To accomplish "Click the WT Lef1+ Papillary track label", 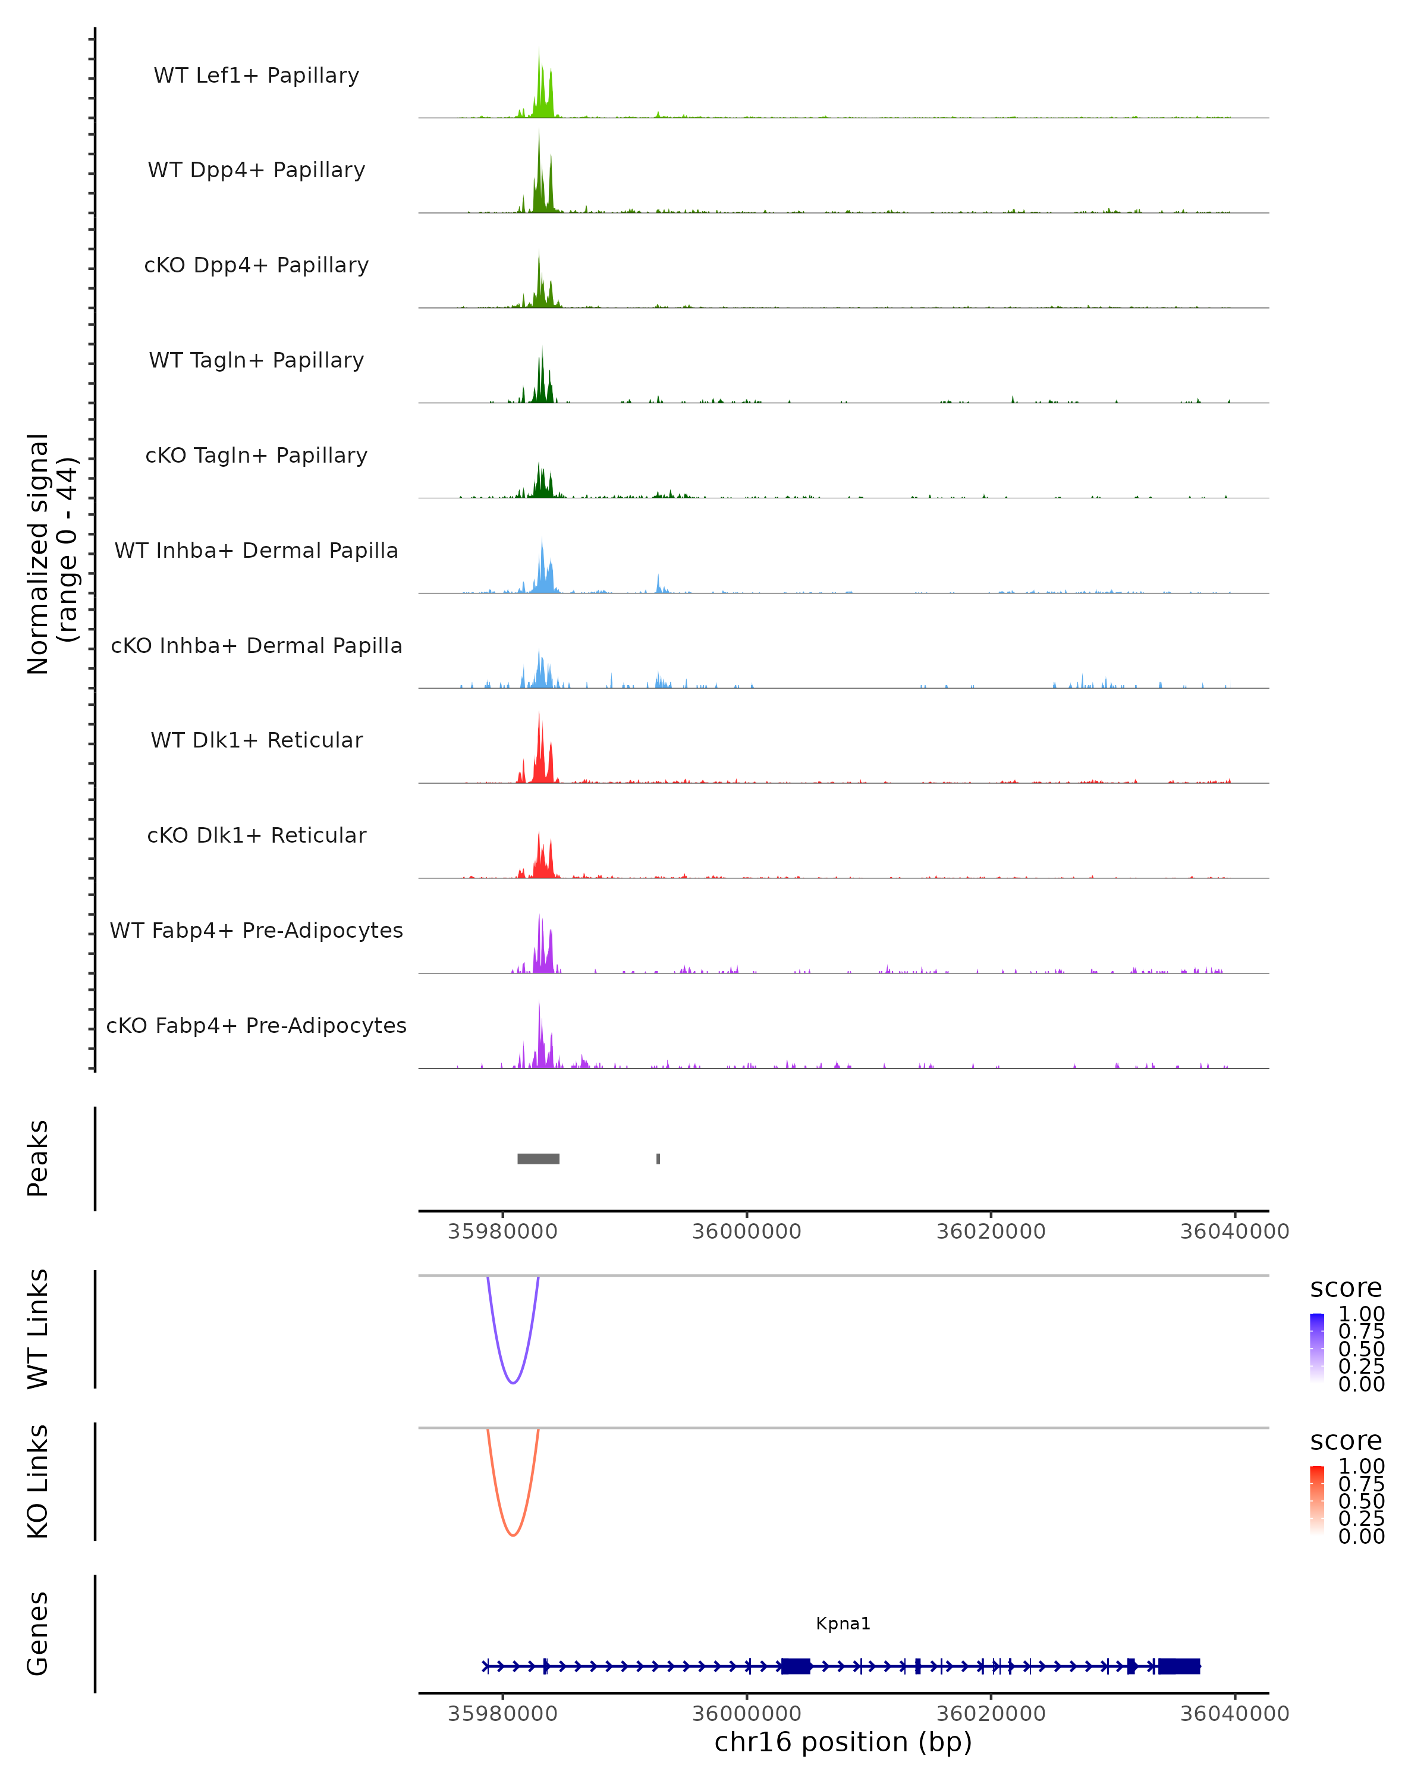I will click(x=256, y=76).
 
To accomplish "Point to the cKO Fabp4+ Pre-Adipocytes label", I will click(x=256, y=1025).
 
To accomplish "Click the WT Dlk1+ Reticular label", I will click(x=256, y=740).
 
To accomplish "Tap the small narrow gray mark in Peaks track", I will click(x=658, y=1158).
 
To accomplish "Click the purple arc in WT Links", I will click(x=513, y=1383).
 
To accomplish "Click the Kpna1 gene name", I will click(x=843, y=1623).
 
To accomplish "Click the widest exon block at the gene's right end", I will click(x=1179, y=1666).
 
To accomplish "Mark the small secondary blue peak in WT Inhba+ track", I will click(x=658, y=584).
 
